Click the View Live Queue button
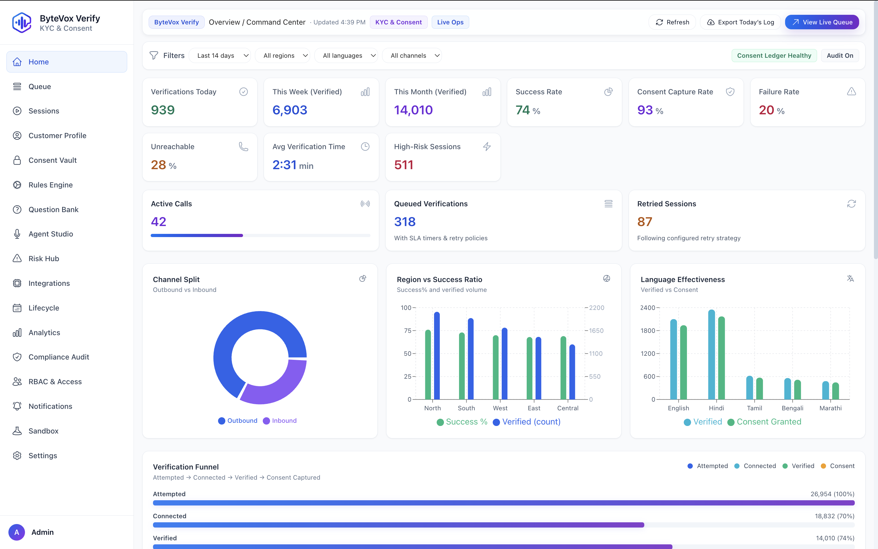822,22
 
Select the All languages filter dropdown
346,55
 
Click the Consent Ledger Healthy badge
774,55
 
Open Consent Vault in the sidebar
52,160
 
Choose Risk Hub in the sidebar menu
44,259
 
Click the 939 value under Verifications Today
163,110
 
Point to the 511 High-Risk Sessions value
404,165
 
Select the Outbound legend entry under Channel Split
238,420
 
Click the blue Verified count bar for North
437,356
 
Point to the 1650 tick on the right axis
596,331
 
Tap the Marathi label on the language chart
830,408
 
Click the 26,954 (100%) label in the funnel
832,494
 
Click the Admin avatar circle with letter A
17,532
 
